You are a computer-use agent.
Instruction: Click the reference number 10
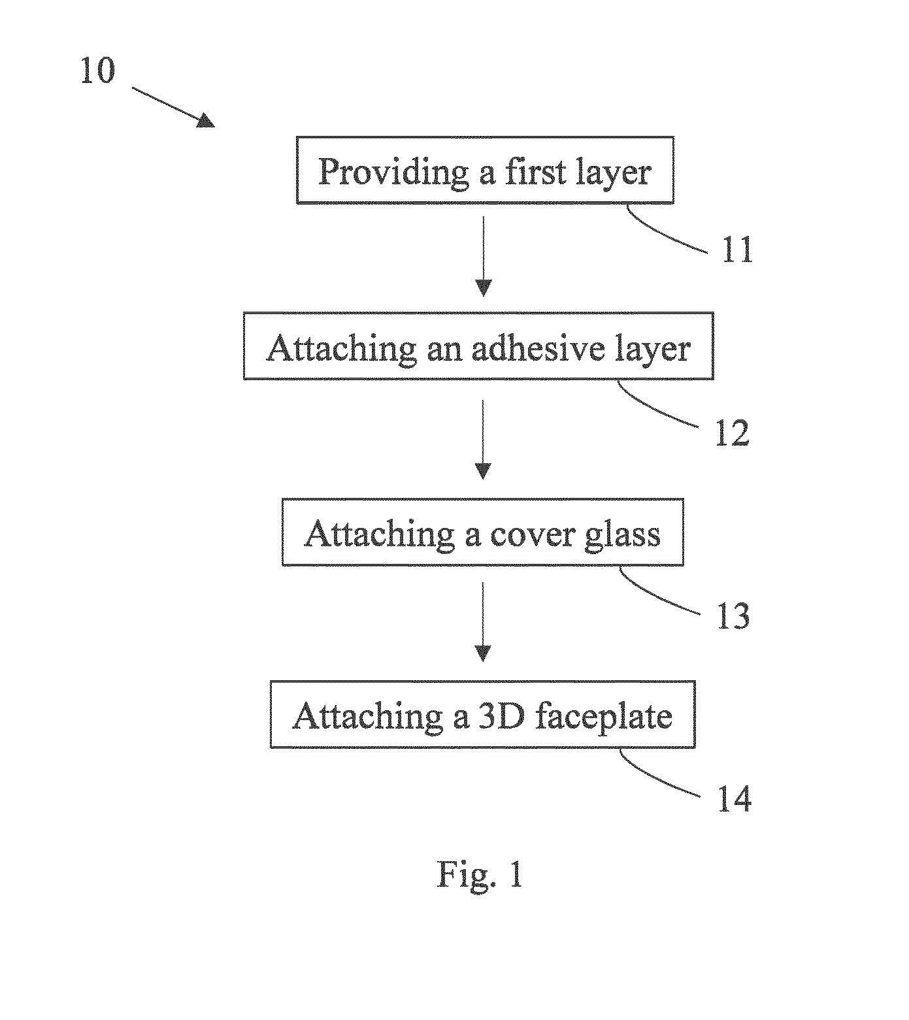tap(97, 71)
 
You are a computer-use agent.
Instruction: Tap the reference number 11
tap(738, 250)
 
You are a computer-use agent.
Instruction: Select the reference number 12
tap(733, 433)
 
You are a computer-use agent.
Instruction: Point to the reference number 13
tap(733, 616)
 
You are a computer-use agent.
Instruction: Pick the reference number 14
tap(735, 798)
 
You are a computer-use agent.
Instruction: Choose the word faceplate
tap(603, 717)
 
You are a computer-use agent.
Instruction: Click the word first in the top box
tap(527, 171)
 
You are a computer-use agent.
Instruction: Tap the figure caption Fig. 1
tap(480, 874)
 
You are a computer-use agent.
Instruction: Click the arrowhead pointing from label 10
tap(206, 120)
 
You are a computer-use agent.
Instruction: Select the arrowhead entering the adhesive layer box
tap(483, 288)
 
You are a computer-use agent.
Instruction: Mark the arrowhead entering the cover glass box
tap(483, 471)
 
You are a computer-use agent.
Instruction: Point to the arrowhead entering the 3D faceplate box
tap(483, 653)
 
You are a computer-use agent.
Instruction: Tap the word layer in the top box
tap(614, 173)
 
